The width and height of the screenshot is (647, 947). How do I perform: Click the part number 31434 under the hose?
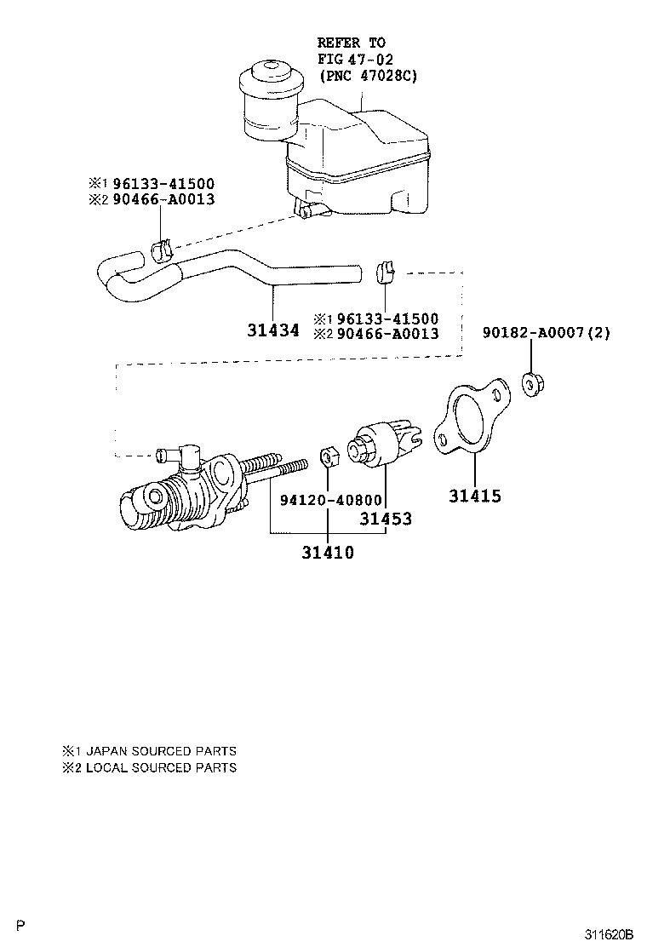pos(273,330)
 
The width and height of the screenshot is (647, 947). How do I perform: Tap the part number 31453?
pos(385,519)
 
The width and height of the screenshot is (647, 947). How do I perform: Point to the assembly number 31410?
pos(327,553)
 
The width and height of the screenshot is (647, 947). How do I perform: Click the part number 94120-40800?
pos(330,501)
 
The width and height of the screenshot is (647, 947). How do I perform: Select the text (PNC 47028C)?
pos(368,76)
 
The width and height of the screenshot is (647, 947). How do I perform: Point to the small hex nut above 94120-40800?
pos(329,457)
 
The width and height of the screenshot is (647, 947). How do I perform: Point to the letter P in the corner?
pos(21,925)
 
